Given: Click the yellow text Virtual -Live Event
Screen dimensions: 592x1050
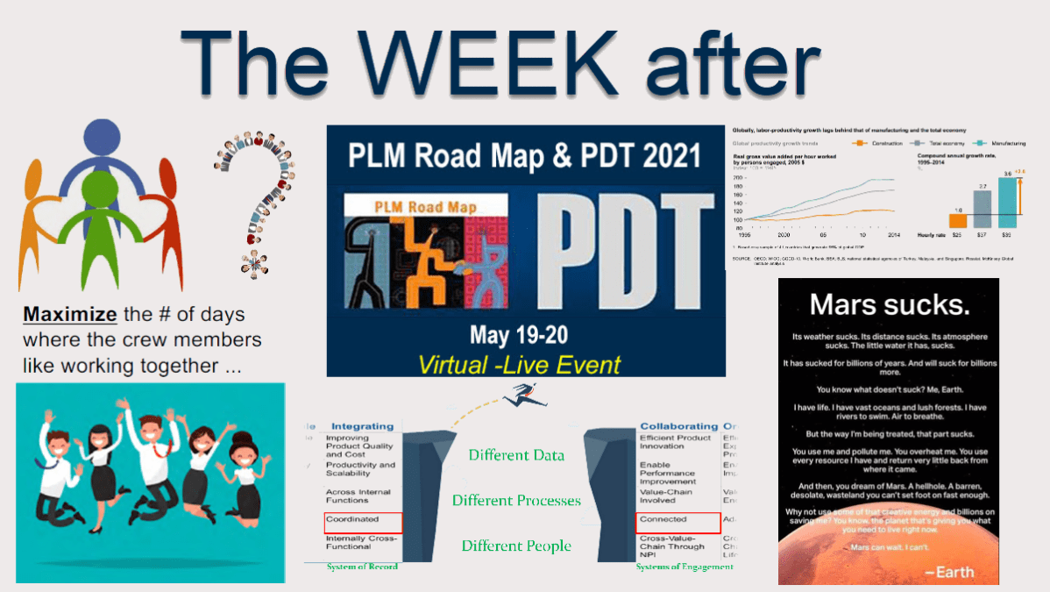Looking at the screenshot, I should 520,364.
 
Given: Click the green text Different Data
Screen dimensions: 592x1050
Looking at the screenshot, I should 516,454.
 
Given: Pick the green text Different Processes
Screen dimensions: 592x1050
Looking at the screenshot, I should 516,500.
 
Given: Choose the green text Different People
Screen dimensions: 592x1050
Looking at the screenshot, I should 516,546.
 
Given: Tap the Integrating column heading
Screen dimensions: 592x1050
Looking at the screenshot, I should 362,426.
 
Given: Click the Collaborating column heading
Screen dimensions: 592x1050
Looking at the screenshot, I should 678,426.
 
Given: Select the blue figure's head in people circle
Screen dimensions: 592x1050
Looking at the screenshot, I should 103,138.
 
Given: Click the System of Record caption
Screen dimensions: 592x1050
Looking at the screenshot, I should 361,567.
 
